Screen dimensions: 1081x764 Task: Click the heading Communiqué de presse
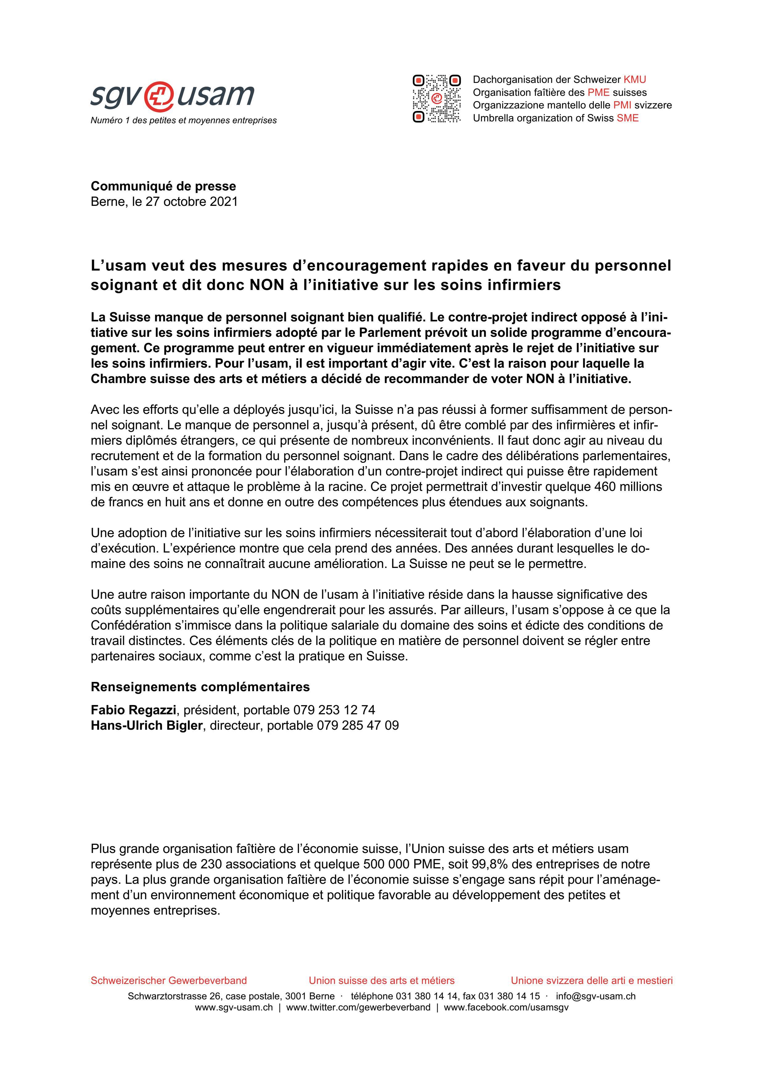click(x=163, y=186)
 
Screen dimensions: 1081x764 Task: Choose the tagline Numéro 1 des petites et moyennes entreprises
click(x=184, y=120)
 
